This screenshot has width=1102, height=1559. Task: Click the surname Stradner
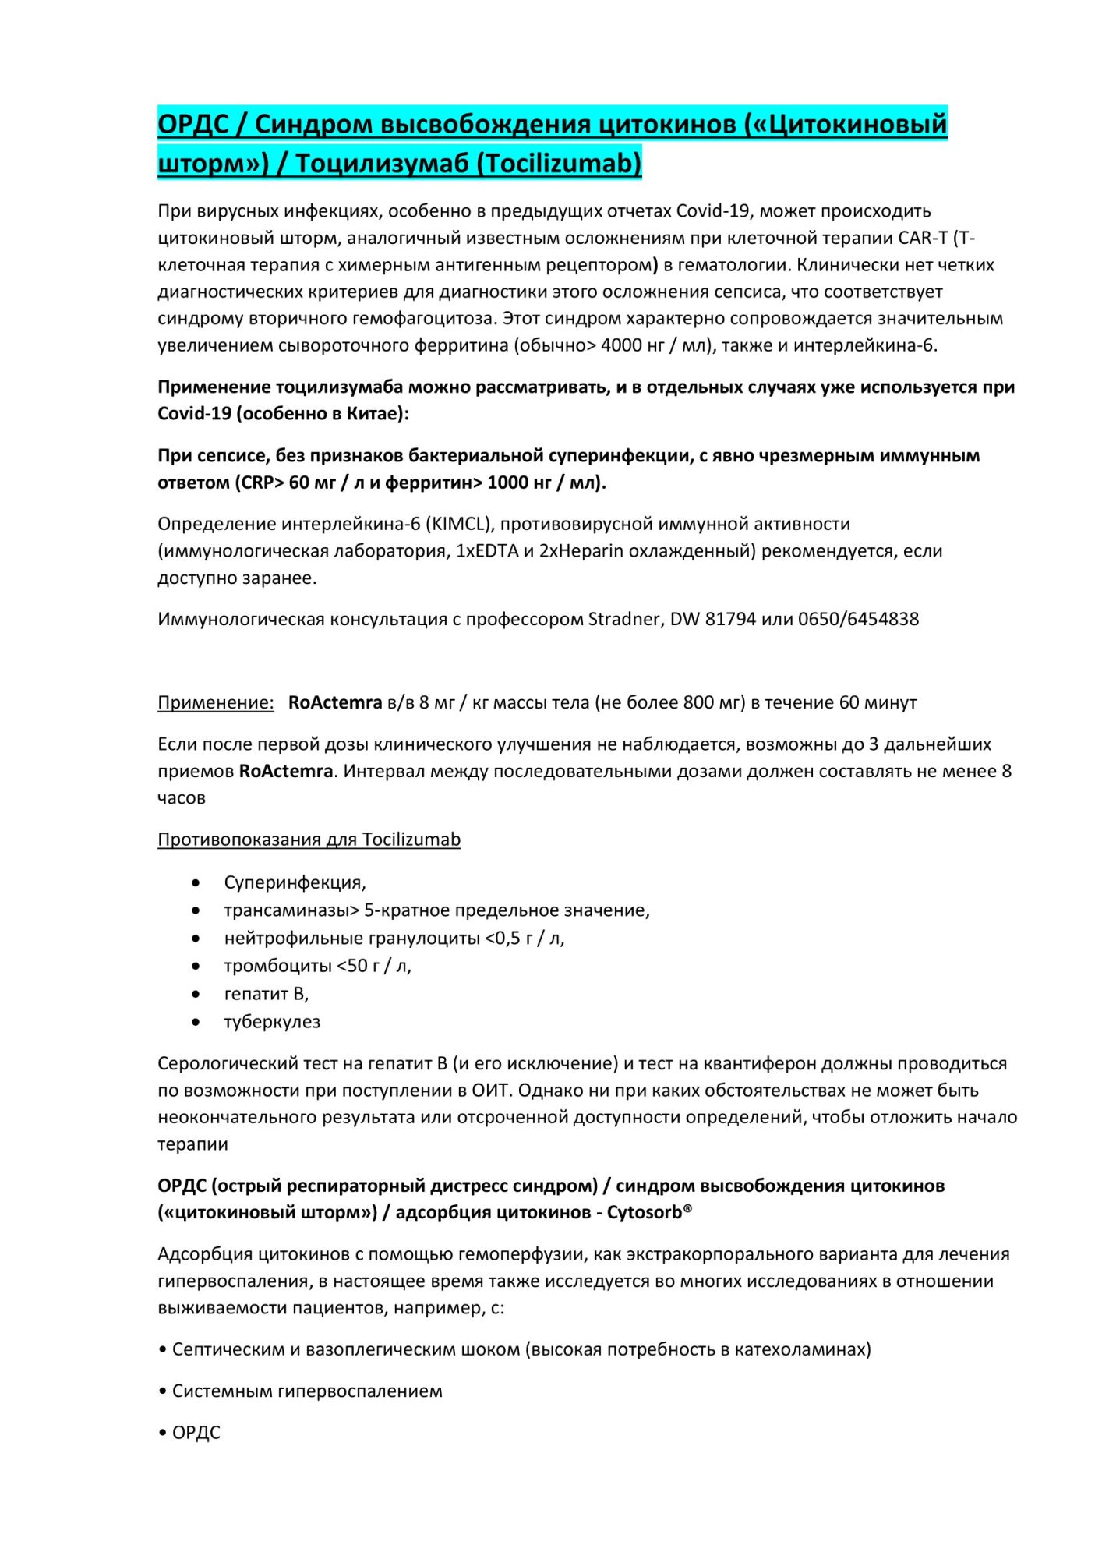623,619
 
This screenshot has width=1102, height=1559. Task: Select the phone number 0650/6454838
858,619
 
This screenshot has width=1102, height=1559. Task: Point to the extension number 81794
730,619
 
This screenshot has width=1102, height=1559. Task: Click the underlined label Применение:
216,702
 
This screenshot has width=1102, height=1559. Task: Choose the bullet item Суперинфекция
295,882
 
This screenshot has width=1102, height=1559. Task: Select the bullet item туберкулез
272,1021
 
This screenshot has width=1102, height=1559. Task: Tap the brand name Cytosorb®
650,1212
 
